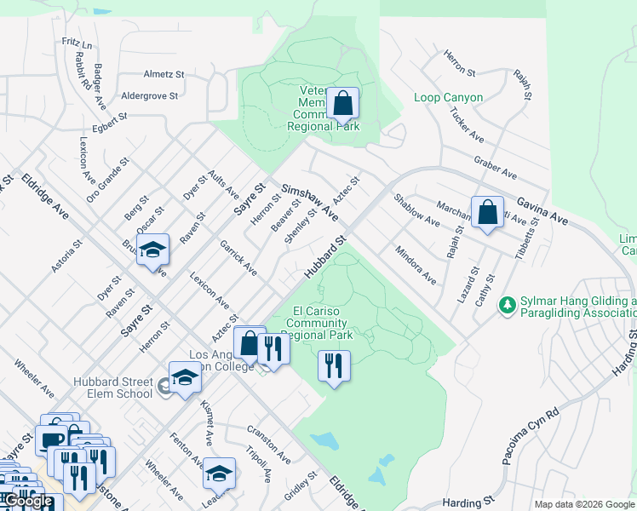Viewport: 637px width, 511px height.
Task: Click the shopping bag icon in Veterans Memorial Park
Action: click(342, 105)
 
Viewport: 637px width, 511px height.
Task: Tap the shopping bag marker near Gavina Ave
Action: click(487, 213)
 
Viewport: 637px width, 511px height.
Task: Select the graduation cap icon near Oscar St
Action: click(152, 250)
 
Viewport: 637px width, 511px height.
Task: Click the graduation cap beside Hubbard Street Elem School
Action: click(185, 378)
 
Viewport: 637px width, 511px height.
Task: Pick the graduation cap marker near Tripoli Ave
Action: click(219, 473)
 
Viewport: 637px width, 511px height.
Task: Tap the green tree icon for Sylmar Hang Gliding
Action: click(508, 304)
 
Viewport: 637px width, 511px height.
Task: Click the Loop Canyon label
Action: click(448, 98)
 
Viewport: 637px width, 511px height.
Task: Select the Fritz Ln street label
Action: click(77, 42)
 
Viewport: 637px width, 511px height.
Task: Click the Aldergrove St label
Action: click(150, 96)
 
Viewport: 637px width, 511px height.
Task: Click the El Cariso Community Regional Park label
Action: click(317, 324)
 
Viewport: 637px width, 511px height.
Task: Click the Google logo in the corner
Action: click(29, 501)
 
